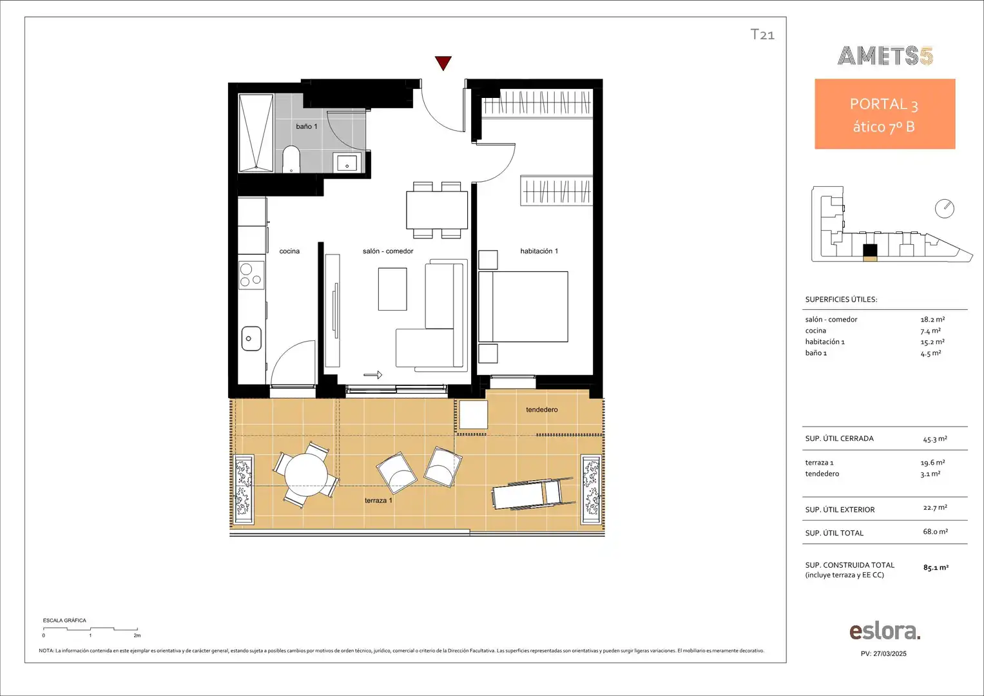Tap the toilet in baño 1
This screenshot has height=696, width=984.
291,160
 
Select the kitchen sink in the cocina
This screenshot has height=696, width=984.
251,338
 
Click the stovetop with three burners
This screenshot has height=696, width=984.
251,275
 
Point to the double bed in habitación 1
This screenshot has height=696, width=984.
523,307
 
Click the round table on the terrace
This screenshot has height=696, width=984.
306,474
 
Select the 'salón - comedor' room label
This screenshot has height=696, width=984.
388,251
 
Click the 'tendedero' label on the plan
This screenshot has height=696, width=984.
542,409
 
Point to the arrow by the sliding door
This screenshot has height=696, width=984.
373,375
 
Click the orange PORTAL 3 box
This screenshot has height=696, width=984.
885,114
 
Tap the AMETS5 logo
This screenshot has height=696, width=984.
885,56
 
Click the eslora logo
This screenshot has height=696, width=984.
885,632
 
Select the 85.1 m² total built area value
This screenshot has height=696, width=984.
936,567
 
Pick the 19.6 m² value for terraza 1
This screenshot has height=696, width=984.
932,463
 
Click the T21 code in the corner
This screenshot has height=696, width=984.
762,34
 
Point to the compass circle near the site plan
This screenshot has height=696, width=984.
945,209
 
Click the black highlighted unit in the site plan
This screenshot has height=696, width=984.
870,251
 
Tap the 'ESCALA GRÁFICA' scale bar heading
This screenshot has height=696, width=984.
64,621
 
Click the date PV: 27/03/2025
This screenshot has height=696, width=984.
883,654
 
